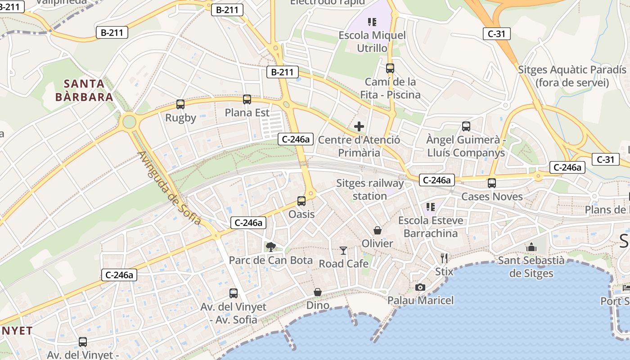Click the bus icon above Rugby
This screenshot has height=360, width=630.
(x=180, y=104)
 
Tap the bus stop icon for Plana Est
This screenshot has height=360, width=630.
(x=247, y=99)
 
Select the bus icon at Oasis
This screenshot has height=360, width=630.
(x=301, y=201)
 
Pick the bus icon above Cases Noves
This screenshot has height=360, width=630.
(x=492, y=183)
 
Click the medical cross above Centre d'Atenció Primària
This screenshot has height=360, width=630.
(x=359, y=126)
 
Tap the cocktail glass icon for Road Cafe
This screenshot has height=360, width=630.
(x=343, y=250)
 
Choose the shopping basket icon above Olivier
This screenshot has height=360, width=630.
(x=378, y=230)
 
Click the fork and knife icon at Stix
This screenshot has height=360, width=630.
(x=444, y=258)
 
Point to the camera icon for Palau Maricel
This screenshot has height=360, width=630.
(x=420, y=287)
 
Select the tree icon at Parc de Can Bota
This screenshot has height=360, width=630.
(x=270, y=247)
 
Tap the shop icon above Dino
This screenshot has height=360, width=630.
(x=318, y=292)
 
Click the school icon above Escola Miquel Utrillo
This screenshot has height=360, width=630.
(x=372, y=22)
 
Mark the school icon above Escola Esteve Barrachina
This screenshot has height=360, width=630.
(x=431, y=207)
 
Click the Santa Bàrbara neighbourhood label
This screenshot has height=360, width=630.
(x=84, y=90)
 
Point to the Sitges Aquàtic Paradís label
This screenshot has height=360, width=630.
(x=572, y=76)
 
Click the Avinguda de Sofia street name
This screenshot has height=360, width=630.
(x=170, y=188)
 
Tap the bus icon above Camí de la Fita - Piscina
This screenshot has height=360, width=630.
(x=390, y=68)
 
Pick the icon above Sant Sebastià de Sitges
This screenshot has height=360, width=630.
(x=531, y=247)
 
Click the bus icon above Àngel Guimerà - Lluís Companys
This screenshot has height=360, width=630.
(x=466, y=126)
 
